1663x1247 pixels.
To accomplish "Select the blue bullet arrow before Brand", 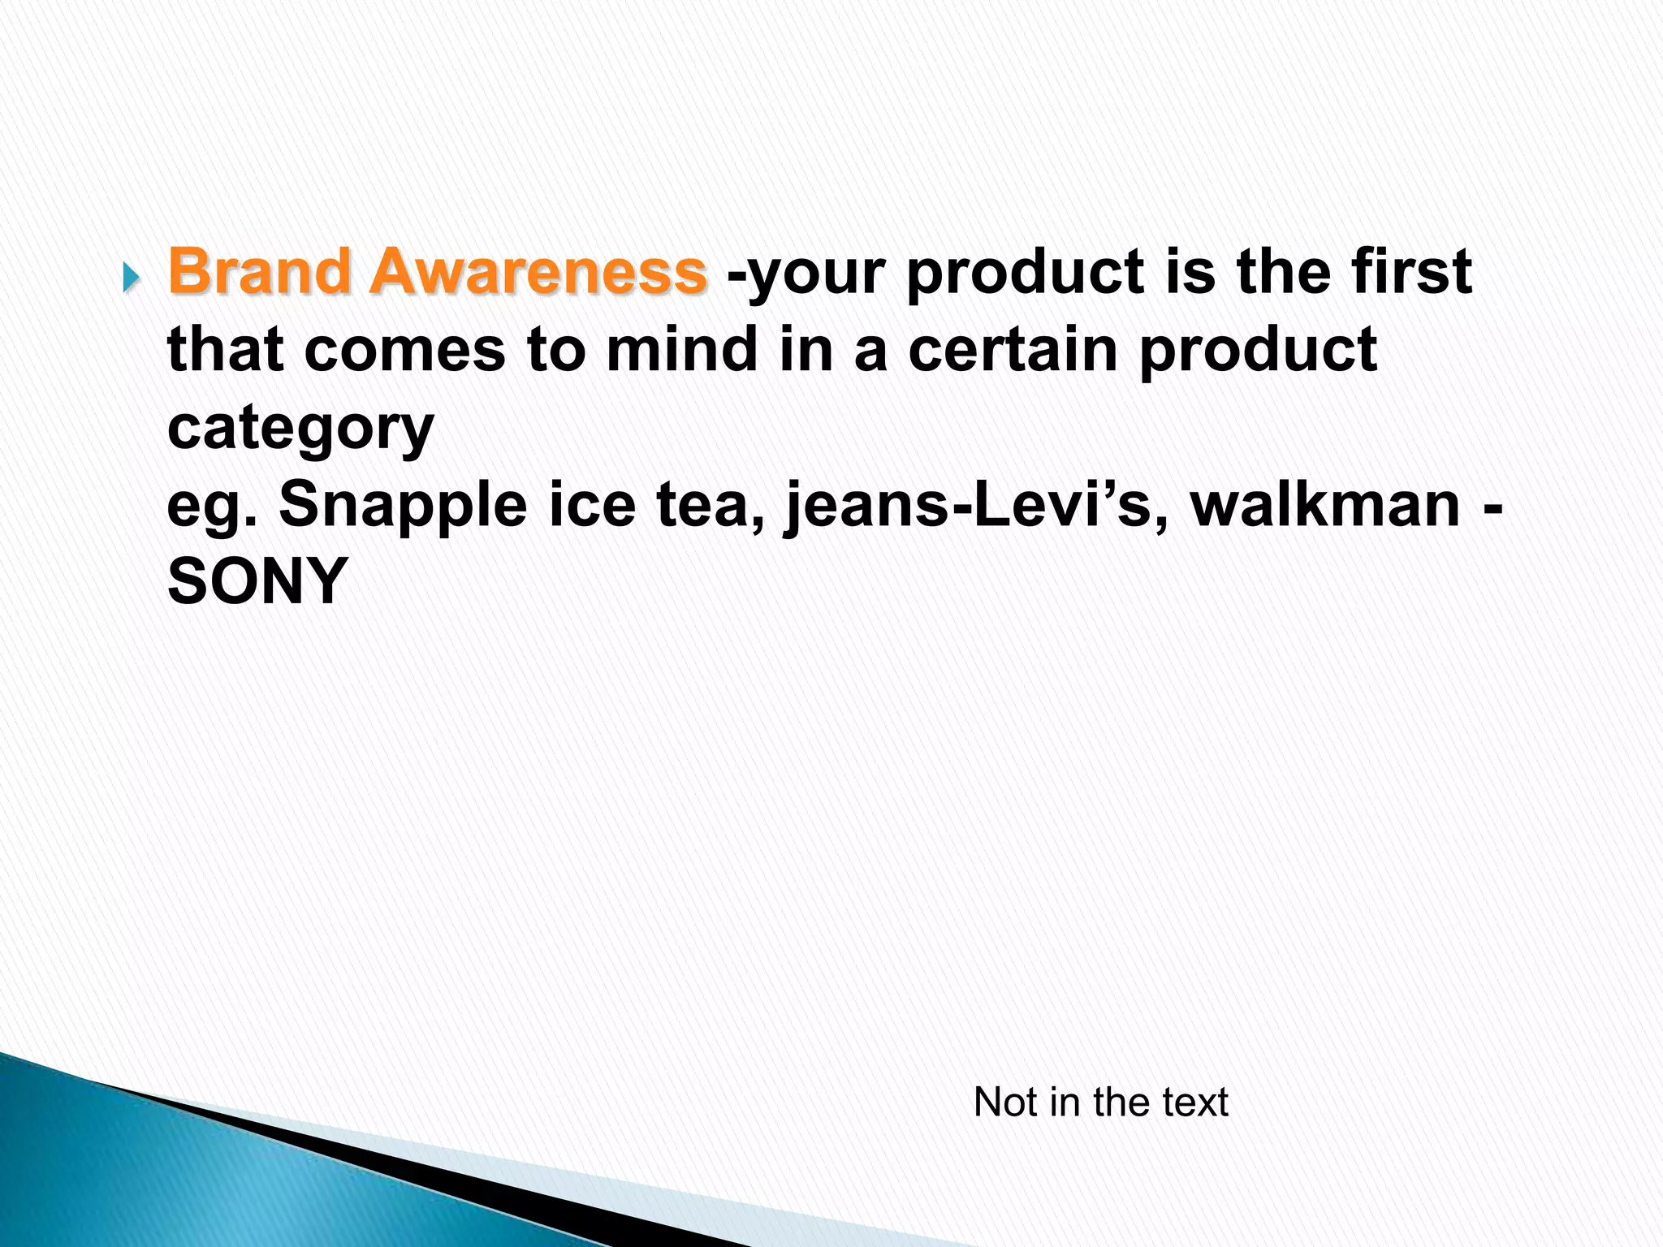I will pos(131,279).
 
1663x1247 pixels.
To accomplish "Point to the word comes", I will pos(405,349).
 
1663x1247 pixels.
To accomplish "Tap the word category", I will pos(300,429).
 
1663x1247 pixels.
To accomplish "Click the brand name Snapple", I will pos(403,505).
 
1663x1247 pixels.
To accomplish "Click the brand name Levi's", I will pos(1071,505).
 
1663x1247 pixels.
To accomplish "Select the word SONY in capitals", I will pos(257,581).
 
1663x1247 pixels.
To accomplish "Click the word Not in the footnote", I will pos(1005,1102).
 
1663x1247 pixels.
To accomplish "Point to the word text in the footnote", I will pos(1194,1102).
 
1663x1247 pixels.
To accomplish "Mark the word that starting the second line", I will pos(224,349).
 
